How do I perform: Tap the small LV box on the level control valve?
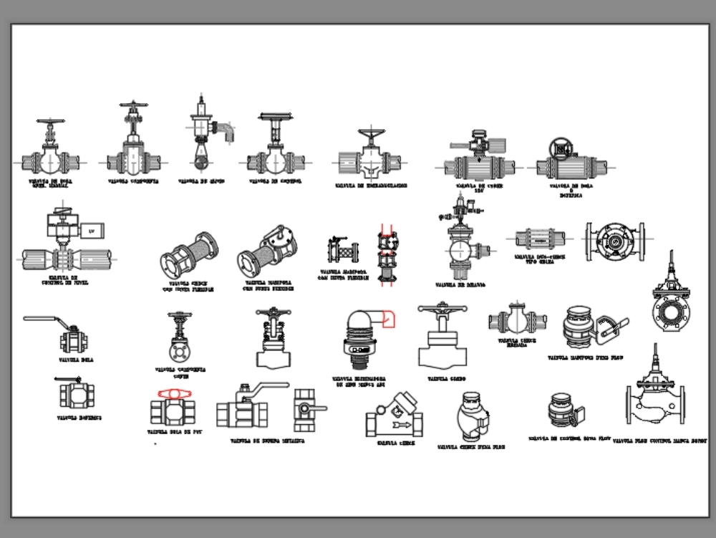click(91, 231)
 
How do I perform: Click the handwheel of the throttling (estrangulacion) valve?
click(371, 136)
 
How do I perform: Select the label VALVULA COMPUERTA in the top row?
click(133, 182)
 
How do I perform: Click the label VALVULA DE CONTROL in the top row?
click(275, 182)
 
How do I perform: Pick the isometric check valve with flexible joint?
click(188, 255)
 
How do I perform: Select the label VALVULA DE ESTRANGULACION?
click(371, 186)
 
